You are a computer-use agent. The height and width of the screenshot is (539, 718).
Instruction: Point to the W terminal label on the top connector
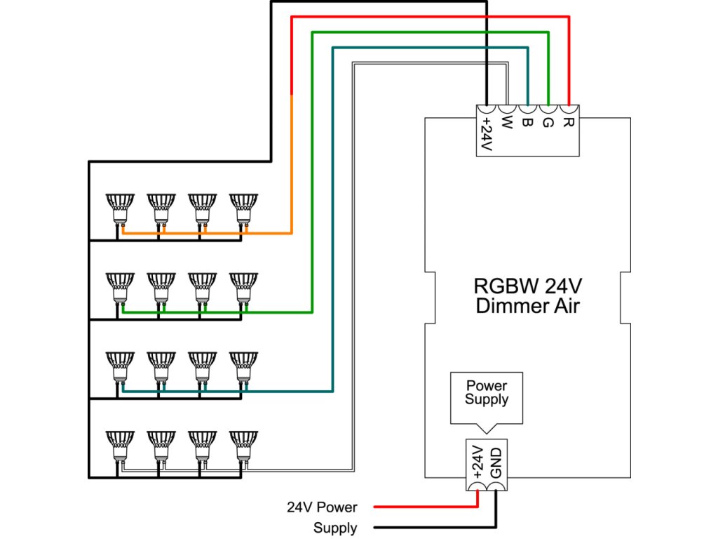pos(507,126)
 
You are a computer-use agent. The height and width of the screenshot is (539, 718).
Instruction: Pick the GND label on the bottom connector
pos(496,463)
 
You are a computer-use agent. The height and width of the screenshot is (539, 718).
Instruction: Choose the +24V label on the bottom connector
pos(477,463)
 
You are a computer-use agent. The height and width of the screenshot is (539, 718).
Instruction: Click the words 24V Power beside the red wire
pos(322,507)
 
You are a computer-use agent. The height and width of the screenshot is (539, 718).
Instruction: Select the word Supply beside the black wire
pos(335,528)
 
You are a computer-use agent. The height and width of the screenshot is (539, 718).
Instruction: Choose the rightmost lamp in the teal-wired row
pos(243,366)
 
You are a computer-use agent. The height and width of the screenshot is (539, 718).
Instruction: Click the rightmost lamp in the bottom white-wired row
pos(243,445)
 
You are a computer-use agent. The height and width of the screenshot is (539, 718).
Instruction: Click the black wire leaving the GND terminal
pos(435,527)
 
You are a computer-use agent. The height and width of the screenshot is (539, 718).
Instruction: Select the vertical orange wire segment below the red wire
pos(291,161)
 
